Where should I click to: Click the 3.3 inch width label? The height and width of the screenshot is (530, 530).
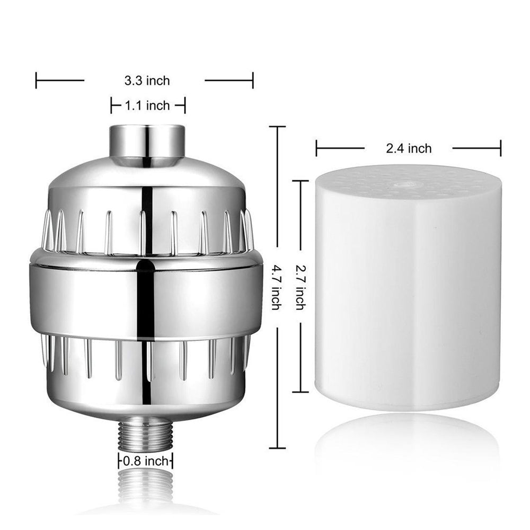tap(147, 81)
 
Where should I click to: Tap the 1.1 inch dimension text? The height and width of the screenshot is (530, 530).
tap(147, 105)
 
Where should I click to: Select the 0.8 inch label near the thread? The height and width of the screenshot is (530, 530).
tap(145, 461)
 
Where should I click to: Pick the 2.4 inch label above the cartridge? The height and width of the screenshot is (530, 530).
tap(408, 148)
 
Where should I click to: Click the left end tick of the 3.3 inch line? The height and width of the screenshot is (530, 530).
tap(36, 81)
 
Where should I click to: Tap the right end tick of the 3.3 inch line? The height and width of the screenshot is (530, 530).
tap(253, 81)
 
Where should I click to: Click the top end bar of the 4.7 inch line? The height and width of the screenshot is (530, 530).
tap(277, 127)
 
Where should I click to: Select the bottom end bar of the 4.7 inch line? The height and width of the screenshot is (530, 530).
tap(277, 448)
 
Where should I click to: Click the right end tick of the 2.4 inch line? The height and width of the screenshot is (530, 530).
tap(500, 148)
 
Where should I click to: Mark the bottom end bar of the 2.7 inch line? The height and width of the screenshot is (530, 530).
tap(301, 392)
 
